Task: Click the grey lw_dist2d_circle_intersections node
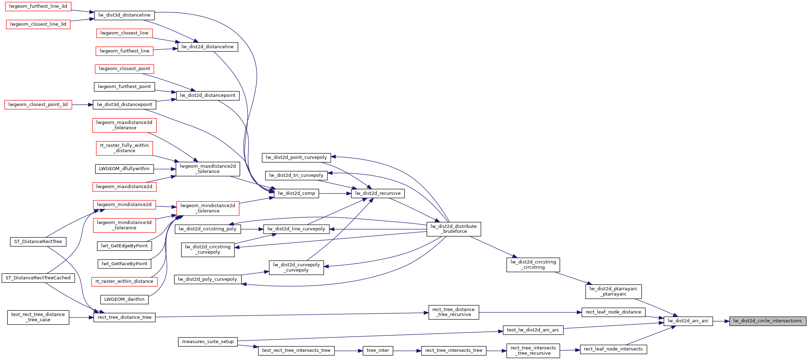[767, 321]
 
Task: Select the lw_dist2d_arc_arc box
[688, 321]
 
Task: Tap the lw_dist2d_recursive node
[378, 193]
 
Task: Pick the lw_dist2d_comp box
[296, 193]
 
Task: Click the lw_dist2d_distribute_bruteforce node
[454, 229]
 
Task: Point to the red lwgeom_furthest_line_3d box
[38, 6]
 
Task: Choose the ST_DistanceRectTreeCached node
[38, 278]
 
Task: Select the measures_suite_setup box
[208, 342]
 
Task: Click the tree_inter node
[378, 350]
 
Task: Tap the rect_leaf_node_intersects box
[613, 349]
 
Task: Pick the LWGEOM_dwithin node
[124, 299]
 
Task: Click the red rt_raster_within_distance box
[124, 281]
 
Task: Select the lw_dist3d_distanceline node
[124, 15]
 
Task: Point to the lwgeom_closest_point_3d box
[38, 105]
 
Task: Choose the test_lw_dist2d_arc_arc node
[533, 330]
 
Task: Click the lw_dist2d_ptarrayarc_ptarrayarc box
[613, 291]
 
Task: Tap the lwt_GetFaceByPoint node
[124, 264]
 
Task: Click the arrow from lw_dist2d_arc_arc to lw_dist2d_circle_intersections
[721, 321]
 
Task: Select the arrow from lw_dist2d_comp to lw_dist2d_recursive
[335, 193]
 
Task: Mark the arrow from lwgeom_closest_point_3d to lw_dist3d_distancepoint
[82, 105]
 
